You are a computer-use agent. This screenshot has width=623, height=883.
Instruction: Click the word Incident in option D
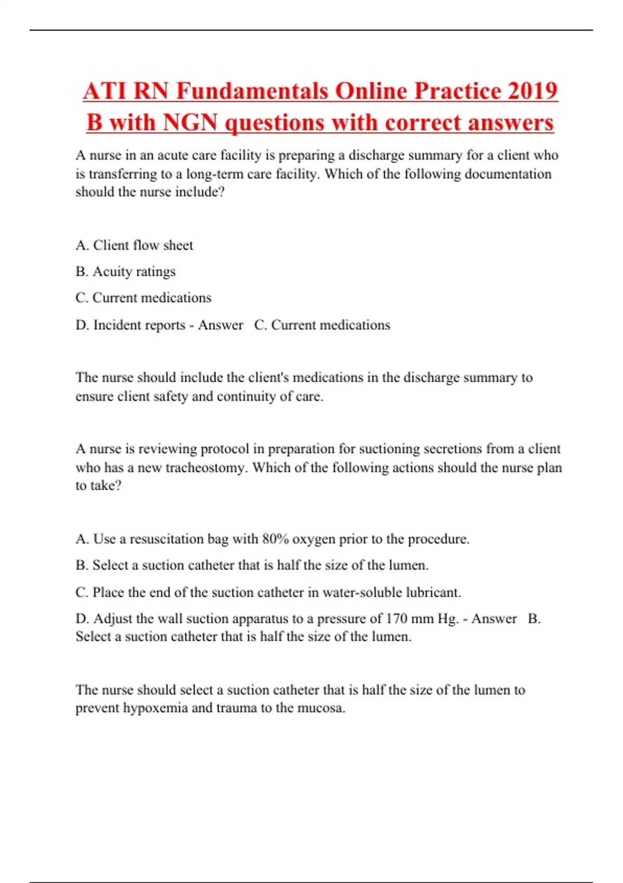coord(115,325)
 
